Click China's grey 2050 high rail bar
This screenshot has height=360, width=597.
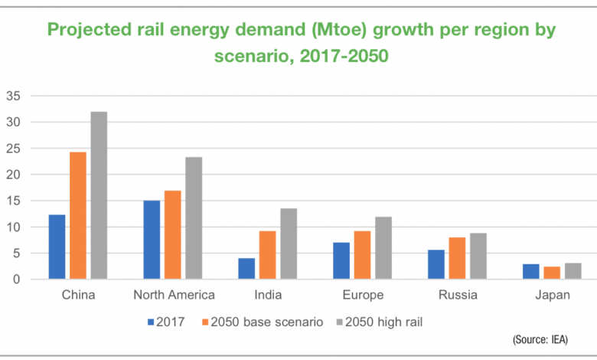[99, 196]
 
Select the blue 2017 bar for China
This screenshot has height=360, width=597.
[57, 247]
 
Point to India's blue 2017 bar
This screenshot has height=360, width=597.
[246, 269]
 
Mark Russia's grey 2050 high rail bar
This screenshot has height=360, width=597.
[478, 257]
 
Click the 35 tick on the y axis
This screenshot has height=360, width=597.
[14, 96]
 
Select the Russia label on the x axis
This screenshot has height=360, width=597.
[458, 296]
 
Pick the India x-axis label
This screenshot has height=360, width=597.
[267, 296]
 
